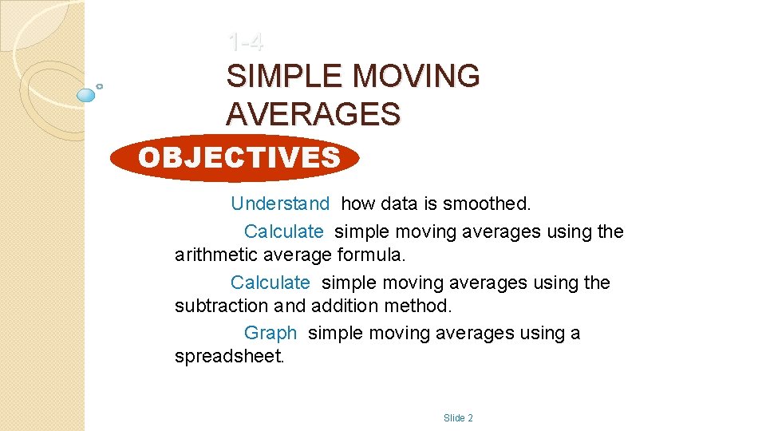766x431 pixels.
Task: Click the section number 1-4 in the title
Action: click(x=244, y=41)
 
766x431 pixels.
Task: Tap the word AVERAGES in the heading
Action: click(x=313, y=115)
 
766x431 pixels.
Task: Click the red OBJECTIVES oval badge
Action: click(x=235, y=158)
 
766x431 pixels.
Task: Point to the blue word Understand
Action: click(x=279, y=204)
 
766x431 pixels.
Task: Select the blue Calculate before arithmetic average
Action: click(x=283, y=232)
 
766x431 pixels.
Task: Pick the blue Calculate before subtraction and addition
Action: click(x=270, y=283)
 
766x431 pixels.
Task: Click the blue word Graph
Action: click(x=270, y=334)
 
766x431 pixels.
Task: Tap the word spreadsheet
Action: click(x=229, y=357)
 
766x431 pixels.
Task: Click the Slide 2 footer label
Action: click(x=458, y=418)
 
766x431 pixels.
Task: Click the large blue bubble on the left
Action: click(x=86, y=95)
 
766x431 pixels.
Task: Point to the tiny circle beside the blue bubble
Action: click(x=99, y=86)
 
